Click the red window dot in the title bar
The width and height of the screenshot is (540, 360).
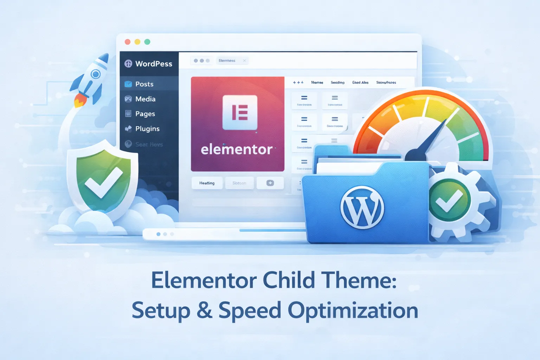[x=128, y=42]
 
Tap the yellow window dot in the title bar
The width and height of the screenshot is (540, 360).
[x=137, y=42]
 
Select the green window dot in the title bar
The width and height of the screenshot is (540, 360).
[x=147, y=42]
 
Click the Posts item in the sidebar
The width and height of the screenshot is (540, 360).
[x=144, y=84]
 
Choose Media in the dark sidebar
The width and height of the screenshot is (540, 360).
[x=145, y=99]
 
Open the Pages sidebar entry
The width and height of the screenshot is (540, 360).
[x=145, y=114]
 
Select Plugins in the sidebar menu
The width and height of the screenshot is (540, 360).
[x=147, y=129]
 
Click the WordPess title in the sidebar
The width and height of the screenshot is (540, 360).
[x=153, y=64]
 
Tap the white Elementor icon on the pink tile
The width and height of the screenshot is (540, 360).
[x=240, y=112]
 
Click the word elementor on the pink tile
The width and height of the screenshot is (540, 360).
[x=237, y=150]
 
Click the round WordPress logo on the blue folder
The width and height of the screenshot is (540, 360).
[x=362, y=207]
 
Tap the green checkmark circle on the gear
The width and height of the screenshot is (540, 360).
[x=449, y=200]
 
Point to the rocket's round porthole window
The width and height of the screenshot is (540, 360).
[x=95, y=74]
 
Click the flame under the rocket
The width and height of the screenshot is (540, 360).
[x=79, y=102]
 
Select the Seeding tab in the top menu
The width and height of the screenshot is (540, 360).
[x=337, y=83]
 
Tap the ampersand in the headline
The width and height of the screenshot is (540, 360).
[x=204, y=310]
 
